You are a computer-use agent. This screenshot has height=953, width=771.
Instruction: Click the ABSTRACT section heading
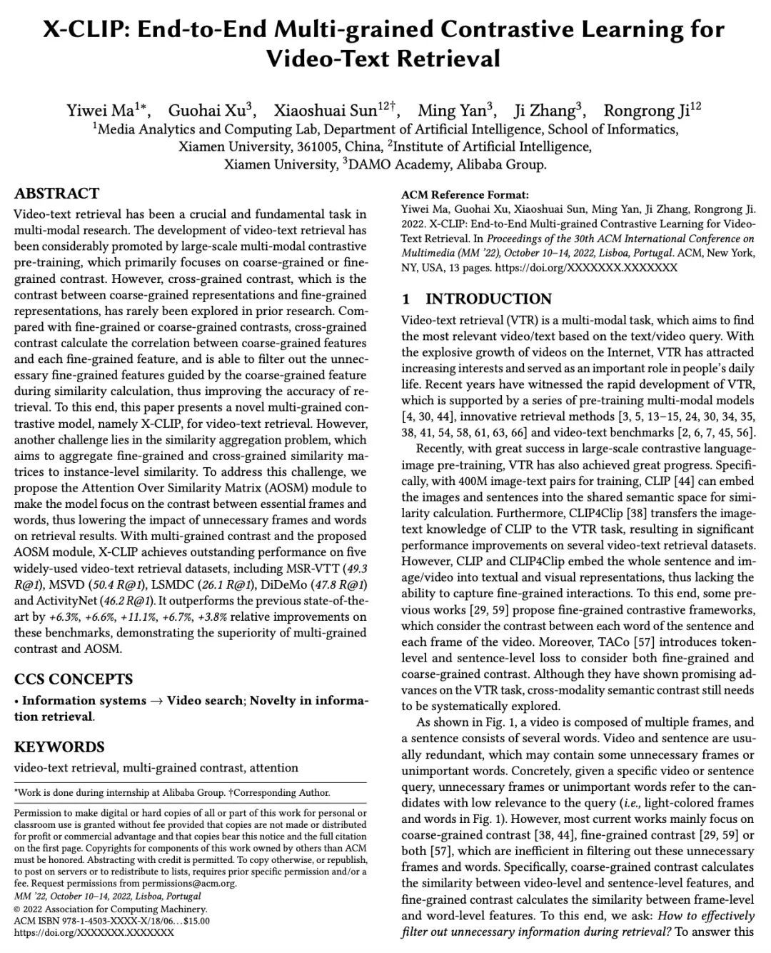(57, 194)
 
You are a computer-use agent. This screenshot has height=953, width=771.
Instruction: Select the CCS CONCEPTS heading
(74, 679)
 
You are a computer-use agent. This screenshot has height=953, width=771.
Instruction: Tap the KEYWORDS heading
(59, 747)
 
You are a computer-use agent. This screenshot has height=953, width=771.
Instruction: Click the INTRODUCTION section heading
(488, 299)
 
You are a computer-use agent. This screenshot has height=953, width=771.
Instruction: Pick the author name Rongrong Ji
(647, 111)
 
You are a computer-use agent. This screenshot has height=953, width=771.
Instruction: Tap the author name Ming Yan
(453, 111)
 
